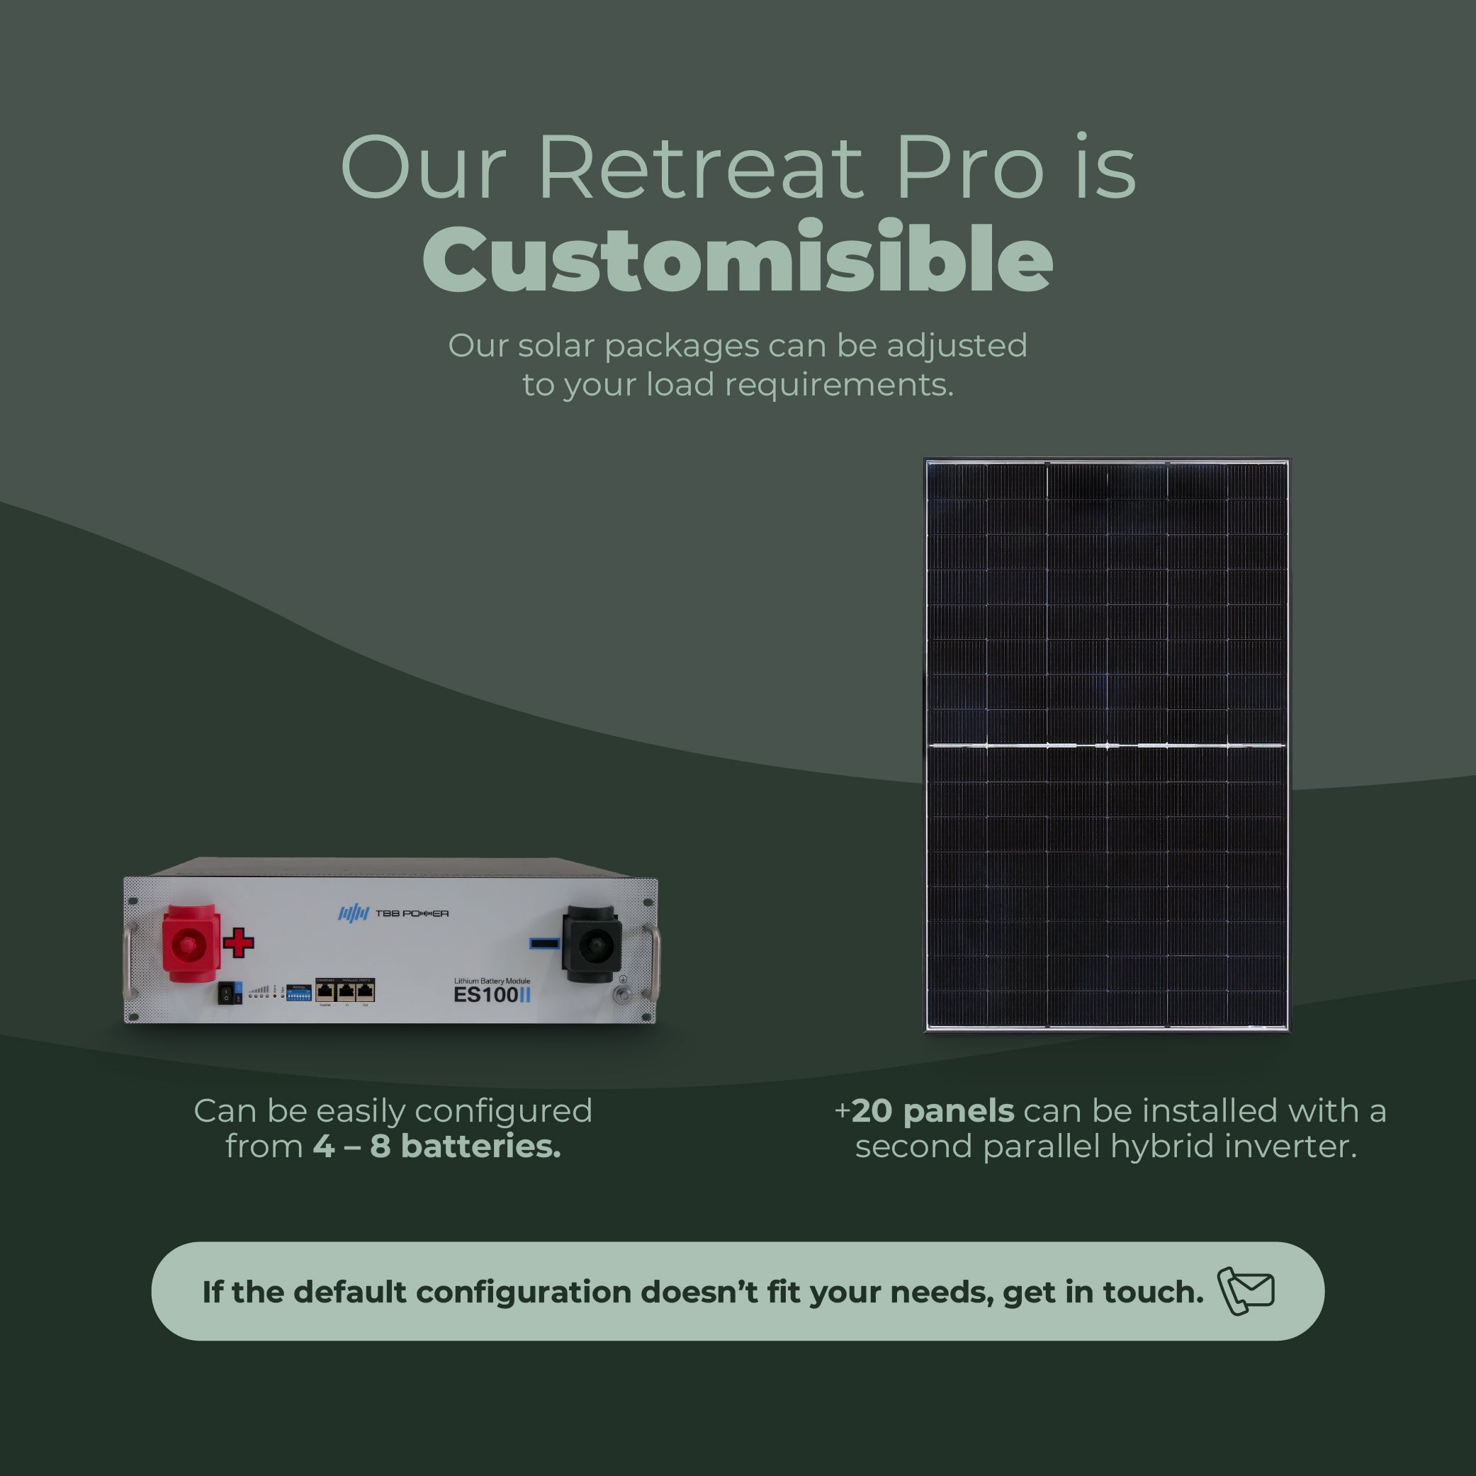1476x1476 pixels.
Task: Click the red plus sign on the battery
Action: tap(238, 942)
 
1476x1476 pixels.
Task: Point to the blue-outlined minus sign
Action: tap(544, 945)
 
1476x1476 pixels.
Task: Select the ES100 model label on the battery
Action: tap(486, 995)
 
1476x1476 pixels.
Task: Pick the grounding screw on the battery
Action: tap(622, 994)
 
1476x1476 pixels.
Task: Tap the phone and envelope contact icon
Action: tap(1245, 1291)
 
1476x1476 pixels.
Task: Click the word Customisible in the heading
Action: tap(738, 260)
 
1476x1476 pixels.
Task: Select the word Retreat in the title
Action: tap(701, 168)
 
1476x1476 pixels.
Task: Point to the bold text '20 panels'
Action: tap(932, 1111)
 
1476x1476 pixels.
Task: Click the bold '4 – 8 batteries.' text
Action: tap(437, 1147)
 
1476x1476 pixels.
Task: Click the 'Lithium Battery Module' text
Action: tap(492, 980)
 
